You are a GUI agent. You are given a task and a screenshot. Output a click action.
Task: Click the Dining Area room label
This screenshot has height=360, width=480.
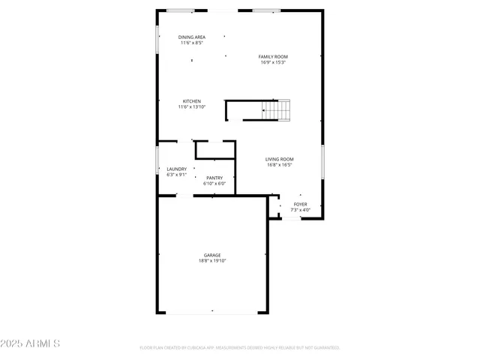click(192, 37)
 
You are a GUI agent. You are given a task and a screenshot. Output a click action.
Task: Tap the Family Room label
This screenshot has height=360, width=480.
click(273, 56)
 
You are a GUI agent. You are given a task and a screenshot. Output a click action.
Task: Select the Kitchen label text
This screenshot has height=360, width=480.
click(192, 101)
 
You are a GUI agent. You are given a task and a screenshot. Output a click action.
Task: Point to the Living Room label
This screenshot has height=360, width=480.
click(279, 159)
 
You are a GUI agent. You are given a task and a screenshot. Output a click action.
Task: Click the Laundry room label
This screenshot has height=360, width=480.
click(177, 169)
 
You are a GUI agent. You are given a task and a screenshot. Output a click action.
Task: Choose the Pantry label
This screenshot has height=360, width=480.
click(214, 178)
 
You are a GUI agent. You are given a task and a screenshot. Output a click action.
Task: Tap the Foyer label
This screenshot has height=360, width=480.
click(300, 204)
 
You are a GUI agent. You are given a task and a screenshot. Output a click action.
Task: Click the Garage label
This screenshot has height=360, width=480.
click(212, 255)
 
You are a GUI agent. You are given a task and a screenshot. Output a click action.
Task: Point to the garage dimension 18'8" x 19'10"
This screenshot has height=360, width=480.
click(212, 261)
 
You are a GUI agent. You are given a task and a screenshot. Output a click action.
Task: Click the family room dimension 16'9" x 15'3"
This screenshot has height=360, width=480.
click(273, 62)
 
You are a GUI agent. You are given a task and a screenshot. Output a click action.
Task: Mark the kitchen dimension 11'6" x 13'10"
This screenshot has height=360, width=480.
click(192, 107)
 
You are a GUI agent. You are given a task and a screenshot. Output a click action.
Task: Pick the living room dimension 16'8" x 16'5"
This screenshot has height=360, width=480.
click(279, 165)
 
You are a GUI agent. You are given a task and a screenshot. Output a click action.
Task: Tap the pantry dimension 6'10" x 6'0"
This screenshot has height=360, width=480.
click(214, 184)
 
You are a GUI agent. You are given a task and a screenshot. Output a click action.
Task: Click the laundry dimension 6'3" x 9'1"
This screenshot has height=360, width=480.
click(177, 175)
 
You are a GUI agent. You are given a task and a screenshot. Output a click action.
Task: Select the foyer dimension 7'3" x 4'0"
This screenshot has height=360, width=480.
click(300, 210)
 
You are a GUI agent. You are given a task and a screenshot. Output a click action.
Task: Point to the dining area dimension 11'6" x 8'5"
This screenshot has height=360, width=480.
click(192, 43)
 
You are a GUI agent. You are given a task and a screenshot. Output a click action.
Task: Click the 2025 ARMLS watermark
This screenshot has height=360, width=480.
click(30, 343)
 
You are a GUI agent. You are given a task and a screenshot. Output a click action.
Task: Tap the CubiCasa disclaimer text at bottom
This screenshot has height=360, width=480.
click(240, 348)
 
